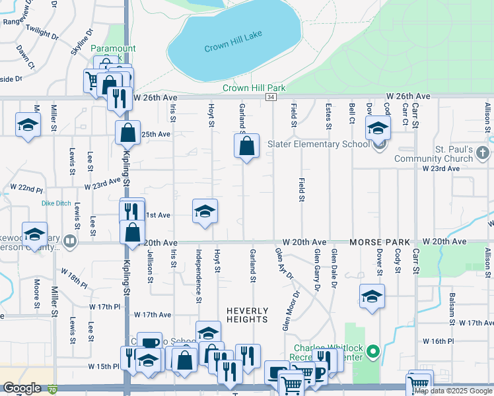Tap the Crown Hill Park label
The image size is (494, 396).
click(x=254, y=88)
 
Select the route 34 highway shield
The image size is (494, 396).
click(x=271, y=97)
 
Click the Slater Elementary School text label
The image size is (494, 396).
click(x=318, y=144)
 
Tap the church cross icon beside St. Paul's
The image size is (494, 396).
click(x=482, y=153)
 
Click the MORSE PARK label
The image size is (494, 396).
click(x=380, y=243)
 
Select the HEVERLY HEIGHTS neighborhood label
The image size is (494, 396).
click(x=248, y=315)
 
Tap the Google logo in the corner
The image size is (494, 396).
click(x=22, y=388)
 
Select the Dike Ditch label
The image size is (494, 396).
click(x=55, y=203)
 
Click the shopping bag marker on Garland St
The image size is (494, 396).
click(x=246, y=146)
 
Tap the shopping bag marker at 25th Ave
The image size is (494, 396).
click(x=127, y=132)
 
